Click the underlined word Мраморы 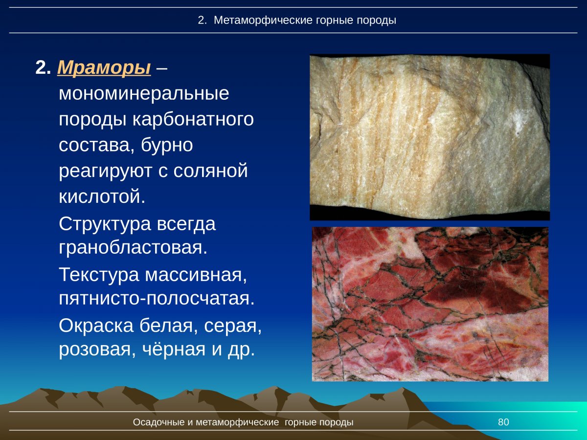[104, 68]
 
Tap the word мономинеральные [144, 93]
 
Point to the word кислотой [102, 197]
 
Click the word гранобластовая [133, 247]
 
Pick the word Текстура [99, 274]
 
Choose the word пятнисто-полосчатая [157, 298]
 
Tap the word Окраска [96, 326]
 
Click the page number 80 [503, 422]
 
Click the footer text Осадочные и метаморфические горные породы [243, 422]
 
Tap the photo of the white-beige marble [429, 137]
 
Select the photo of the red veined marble [430, 304]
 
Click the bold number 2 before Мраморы [43, 68]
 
